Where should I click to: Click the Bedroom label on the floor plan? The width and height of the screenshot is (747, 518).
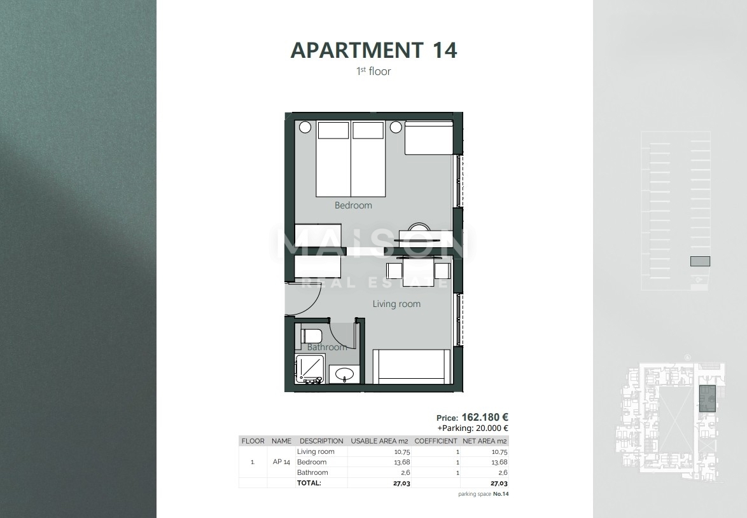coord(353,205)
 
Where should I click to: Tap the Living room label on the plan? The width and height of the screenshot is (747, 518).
coord(396,304)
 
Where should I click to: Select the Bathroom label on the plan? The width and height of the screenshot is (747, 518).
coord(326,347)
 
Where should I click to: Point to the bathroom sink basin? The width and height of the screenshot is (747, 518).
coord(345,374)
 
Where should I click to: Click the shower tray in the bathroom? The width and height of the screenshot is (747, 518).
coord(310,369)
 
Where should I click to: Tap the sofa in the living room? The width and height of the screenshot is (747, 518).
coord(411,367)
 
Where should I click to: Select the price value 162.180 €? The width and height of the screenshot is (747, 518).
coord(485,418)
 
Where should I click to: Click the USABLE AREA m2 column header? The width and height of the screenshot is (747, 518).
coord(380,440)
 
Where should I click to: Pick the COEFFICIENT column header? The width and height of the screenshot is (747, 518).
coord(435,440)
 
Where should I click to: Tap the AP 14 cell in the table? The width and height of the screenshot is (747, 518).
coord(281,462)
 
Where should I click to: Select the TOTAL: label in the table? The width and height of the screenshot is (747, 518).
coord(309,482)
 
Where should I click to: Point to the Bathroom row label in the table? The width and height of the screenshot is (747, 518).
coord(312,472)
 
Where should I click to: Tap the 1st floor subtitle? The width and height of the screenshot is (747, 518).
coord(373,71)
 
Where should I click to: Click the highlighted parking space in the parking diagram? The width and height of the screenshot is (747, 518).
coord(700,261)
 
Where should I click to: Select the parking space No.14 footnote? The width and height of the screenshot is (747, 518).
coord(484,494)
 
